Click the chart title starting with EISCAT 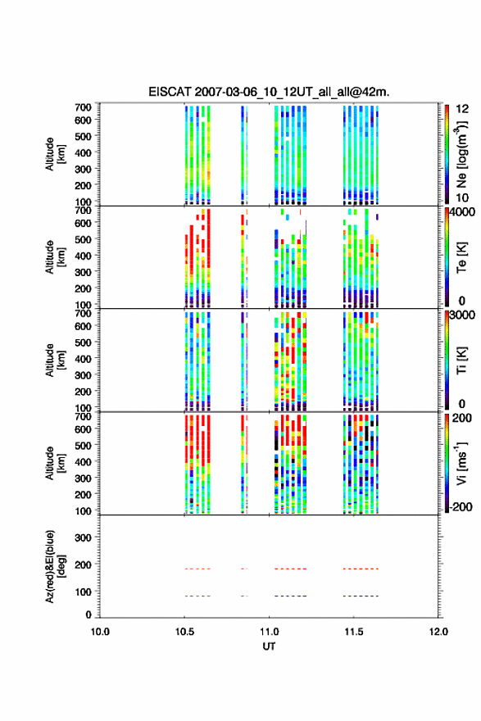[269, 92]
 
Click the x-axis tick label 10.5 [184, 632]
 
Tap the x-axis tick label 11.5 [354, 632]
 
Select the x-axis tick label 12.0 [438, 632]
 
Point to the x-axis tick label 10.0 [100, 632]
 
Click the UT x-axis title [269, 646]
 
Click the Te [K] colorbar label [461, 257]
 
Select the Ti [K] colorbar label [461, 360]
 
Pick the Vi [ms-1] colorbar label [461, 463]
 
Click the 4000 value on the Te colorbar [463, 212]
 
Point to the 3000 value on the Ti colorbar [462, 315]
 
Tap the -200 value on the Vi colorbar [460, 506]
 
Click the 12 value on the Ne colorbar [463, 109]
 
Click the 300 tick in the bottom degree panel [83, 537]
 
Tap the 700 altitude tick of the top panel [83, 107]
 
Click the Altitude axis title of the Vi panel [54, 463]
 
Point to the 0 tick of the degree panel [88, 614]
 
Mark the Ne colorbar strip [447, 154]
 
